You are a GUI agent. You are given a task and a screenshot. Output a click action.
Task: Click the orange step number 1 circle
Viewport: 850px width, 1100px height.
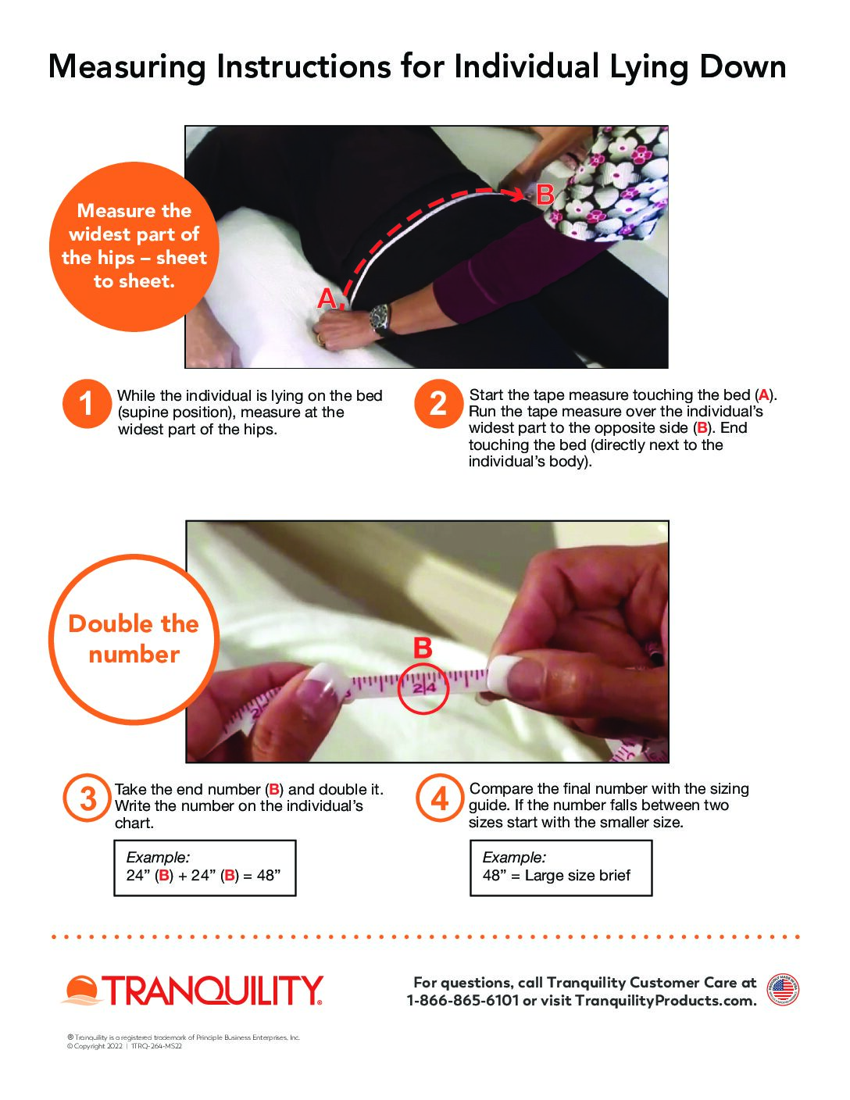87,404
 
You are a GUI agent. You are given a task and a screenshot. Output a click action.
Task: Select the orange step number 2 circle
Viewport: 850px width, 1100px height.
439,404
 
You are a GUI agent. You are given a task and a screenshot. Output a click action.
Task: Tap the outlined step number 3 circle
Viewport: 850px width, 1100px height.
87,798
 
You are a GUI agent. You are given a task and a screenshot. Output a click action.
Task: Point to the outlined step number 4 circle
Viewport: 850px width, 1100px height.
440,798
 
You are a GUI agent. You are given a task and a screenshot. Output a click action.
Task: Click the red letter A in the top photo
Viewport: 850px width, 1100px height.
327,298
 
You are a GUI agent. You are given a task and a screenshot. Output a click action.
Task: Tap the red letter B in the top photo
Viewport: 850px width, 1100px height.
545,195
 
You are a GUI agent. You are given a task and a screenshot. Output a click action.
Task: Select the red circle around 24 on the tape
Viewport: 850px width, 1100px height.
423,688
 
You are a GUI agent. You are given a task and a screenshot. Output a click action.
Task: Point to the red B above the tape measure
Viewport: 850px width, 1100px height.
423,648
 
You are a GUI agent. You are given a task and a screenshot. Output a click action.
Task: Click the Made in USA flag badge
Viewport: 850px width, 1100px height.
783,990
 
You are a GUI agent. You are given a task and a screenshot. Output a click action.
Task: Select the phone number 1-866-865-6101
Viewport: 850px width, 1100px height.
463,1001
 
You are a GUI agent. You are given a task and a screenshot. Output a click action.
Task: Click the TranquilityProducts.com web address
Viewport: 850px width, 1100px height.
666,1001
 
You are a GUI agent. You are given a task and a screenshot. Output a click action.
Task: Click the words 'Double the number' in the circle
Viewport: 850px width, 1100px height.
134,639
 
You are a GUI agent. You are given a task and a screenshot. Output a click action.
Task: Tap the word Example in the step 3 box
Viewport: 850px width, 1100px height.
158,857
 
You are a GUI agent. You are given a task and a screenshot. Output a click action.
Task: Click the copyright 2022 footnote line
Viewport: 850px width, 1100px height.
124,1046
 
